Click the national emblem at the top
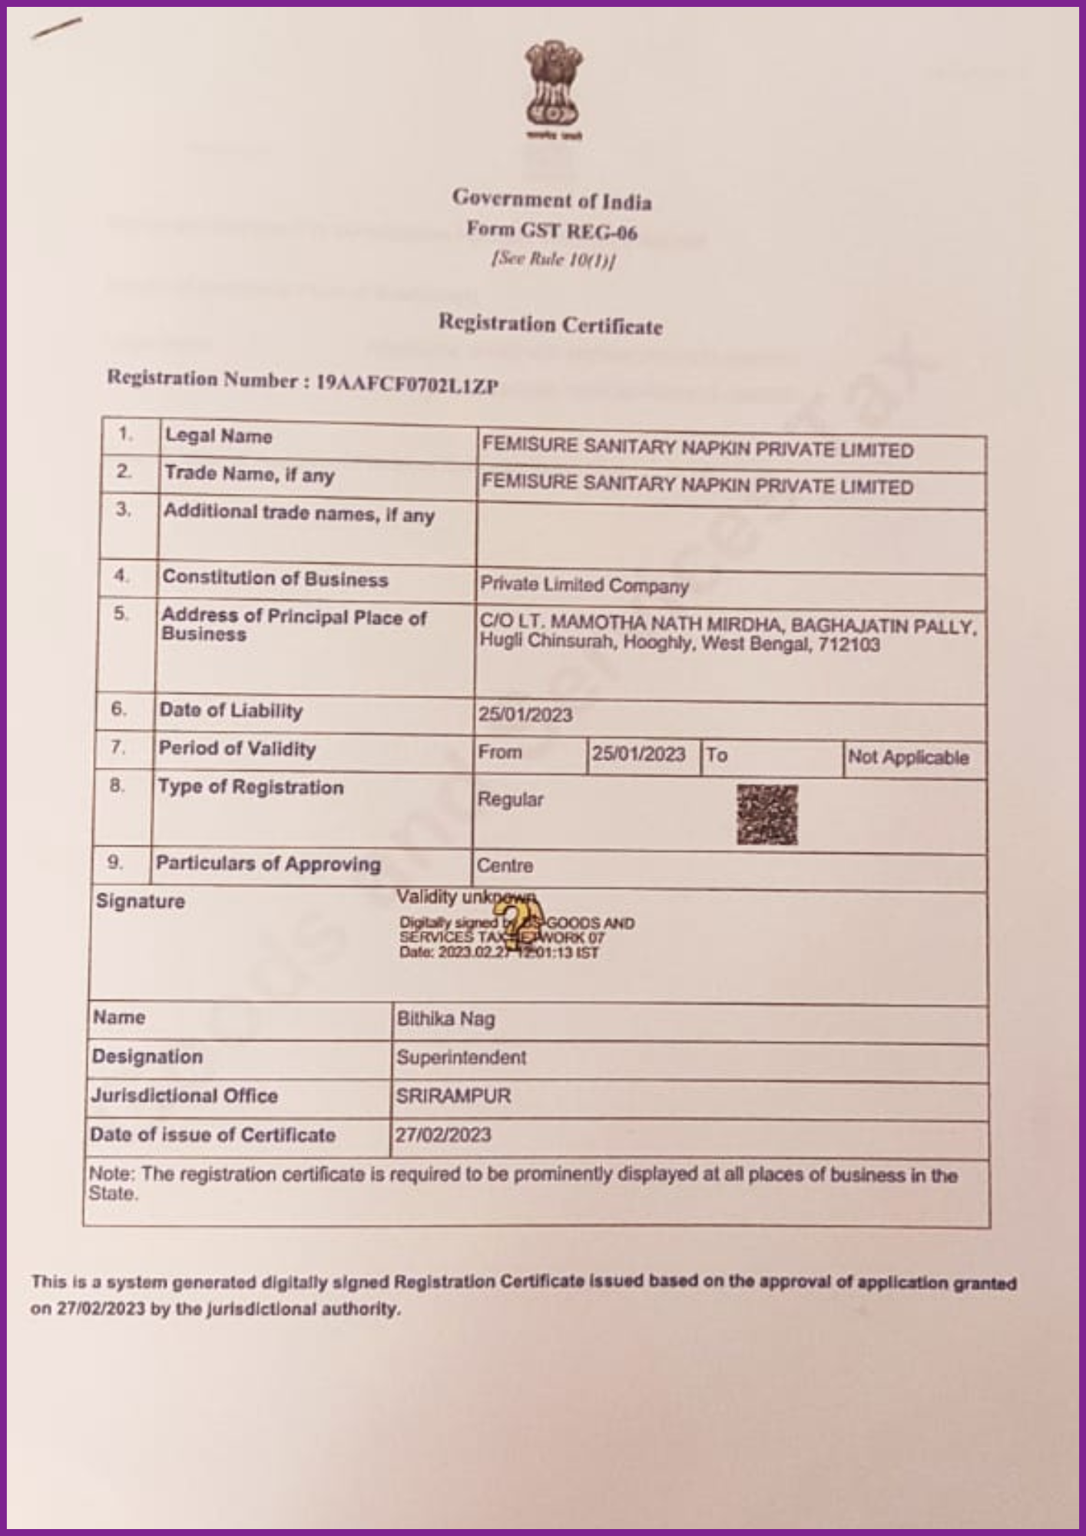pyautogui.click(x=553, y=89)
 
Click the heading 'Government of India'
pyautogui.click(x=551, y=200)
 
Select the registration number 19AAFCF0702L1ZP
pyautogui.click(x=407, y=383)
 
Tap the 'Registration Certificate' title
pyautogui.click(x=550, y=325)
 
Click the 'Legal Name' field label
pyautogui.click(x=219, y=436)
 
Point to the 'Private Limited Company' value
pyautogui.click(x=584, y=586)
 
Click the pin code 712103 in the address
pyautogui.click(x=849, y=644)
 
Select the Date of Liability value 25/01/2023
pyautogui.click(x=525, y=715)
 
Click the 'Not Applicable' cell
pyautogui.click(x=908, y=758)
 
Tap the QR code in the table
pyautogui.click(x=766, y=814)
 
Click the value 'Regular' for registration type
pyautogui.click(x=510, y=799)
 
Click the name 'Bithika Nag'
pyautogui.click(x=445, y=1019)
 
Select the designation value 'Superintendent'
pyautogui.click(x=461, y=1058)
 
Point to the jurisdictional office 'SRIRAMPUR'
pyautogui.click(x=453, y=1096)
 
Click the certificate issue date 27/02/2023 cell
pyautogui.click(x=443, y=1135)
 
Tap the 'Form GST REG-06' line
pyautogui.click(x=551, y=230)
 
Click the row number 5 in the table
pyautogui.click(x=121, y=614)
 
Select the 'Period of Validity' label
pyautogui.click(x=237, y=749)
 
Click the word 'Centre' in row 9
pyautogui.click(x=505, y=866)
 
